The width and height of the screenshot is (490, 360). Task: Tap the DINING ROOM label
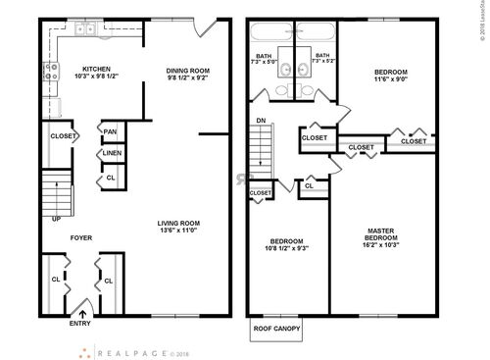point(187,71)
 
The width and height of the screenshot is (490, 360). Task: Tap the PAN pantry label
point(110,130)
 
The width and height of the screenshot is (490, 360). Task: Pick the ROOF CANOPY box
point(277,329)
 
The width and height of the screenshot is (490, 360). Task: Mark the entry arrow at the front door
point(81,313)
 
